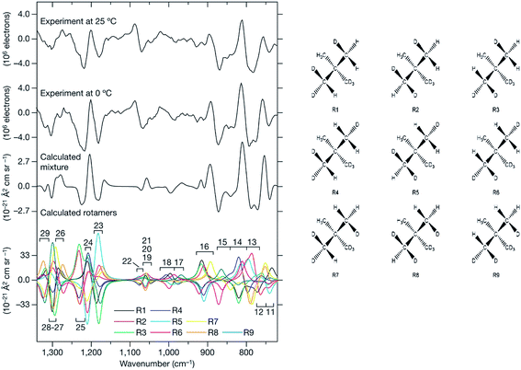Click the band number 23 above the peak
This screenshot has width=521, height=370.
[98, 225]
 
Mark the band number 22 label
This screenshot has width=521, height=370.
[127, 261]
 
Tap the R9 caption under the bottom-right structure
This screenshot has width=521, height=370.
[490, 274]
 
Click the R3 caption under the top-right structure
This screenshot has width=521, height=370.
[490, 110]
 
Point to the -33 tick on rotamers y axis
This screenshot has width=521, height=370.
[27, 303]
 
